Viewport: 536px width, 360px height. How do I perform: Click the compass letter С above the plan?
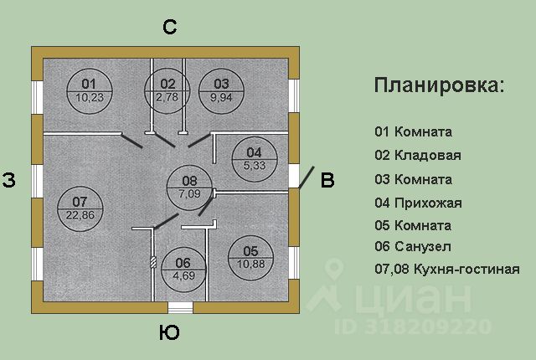(x=169, y=27)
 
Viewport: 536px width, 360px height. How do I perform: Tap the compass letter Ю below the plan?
(x=169, y=332)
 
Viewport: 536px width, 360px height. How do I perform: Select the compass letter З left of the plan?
(x=9, y=180)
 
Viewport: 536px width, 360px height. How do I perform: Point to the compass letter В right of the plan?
(x=327, y=180)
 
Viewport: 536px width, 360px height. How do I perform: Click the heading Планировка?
(x=439, y=85)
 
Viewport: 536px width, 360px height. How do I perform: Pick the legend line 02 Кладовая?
(x=418, y=156)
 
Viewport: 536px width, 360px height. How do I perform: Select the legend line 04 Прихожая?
(x=419, y=203)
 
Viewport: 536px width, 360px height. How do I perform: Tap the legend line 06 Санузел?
(x=413, y=247)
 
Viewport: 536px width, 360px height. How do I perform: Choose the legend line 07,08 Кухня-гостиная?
(x=447, y=269)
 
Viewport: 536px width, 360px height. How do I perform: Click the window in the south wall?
(x=181, y=307)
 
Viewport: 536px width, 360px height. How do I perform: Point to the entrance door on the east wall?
(x=307, y=177)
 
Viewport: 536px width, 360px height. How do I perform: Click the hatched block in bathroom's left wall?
(x=153, y=262)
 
